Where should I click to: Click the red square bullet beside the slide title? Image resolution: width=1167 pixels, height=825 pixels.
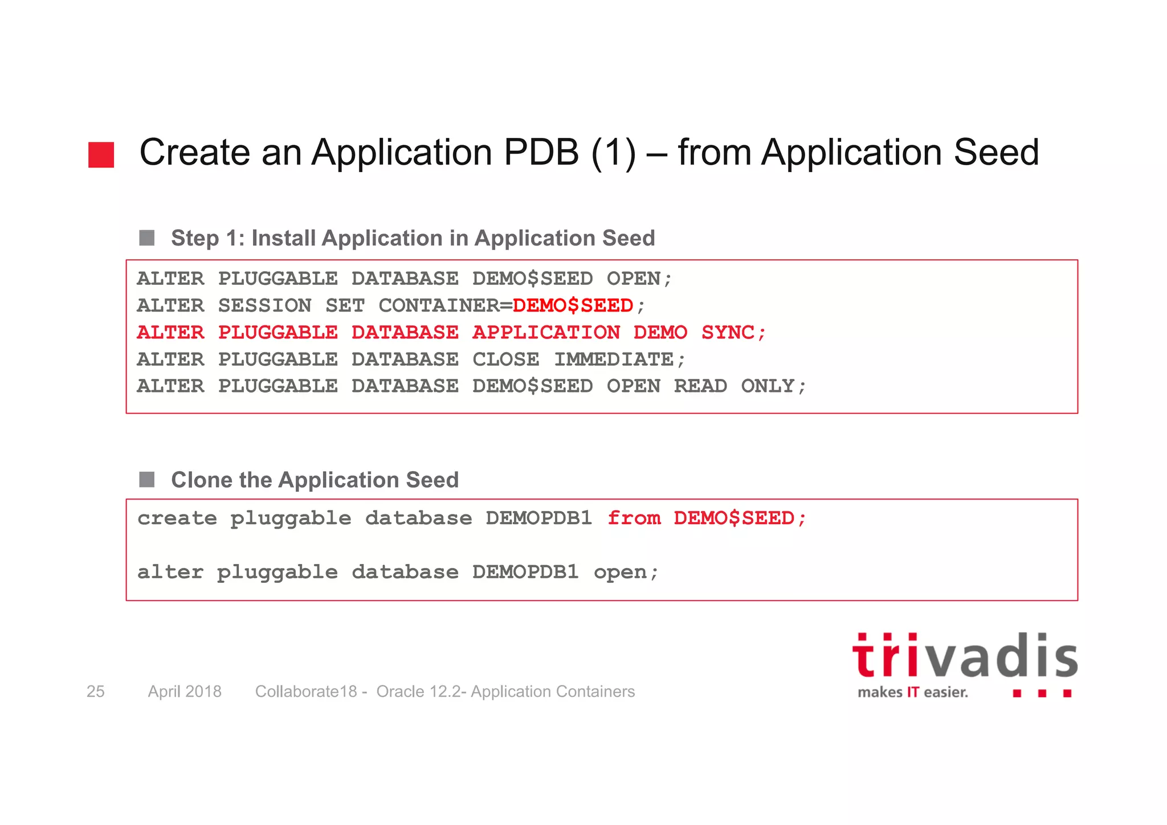(101, 154)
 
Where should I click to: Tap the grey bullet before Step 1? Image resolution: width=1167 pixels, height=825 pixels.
(147, 238)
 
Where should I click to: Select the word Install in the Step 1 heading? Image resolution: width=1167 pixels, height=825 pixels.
(284, 238)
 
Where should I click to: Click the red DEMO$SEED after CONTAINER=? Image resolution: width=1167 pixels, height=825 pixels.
(573, 306)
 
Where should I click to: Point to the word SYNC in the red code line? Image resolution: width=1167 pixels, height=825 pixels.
(728, 333)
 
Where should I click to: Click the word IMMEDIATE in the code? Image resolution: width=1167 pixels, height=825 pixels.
(614, 360)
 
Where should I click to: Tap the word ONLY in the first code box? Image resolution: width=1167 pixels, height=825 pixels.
(767, 386)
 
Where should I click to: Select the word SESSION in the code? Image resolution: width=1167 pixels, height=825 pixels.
(264, 306)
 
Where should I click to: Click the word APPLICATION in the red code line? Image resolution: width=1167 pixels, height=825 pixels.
(546, 333)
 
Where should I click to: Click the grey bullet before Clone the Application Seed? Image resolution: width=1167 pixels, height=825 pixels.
(147, 479)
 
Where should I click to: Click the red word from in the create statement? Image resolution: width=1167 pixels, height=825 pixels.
(634, 518)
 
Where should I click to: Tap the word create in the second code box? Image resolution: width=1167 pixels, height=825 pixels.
(177, 518)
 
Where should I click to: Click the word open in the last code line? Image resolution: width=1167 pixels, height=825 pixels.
(620, 572)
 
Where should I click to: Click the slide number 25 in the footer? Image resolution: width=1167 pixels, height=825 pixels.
(95, 691)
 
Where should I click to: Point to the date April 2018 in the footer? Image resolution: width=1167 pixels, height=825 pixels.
(185, 691)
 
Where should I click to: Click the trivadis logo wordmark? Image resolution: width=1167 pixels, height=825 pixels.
(964, 656)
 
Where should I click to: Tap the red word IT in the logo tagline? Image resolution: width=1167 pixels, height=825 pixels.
(913, 692)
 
